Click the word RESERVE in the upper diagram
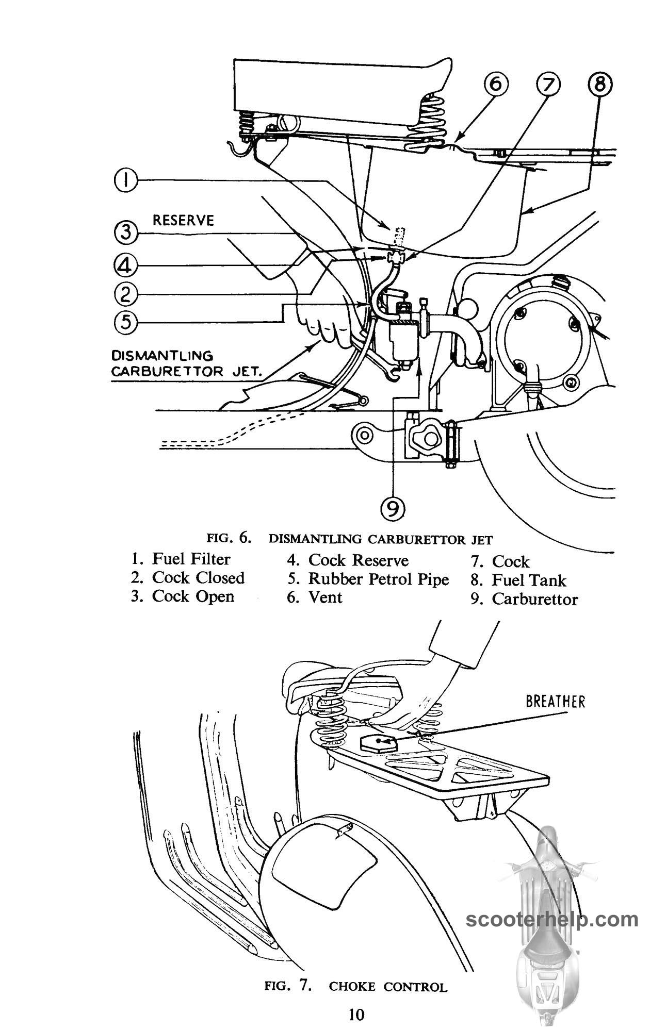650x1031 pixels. pos(183,221)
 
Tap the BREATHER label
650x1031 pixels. pos(556,702)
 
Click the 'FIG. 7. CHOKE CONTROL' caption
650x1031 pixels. pos(356,987)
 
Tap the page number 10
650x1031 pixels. pos(356,1015)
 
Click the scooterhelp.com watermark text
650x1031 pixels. pos(552,919)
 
